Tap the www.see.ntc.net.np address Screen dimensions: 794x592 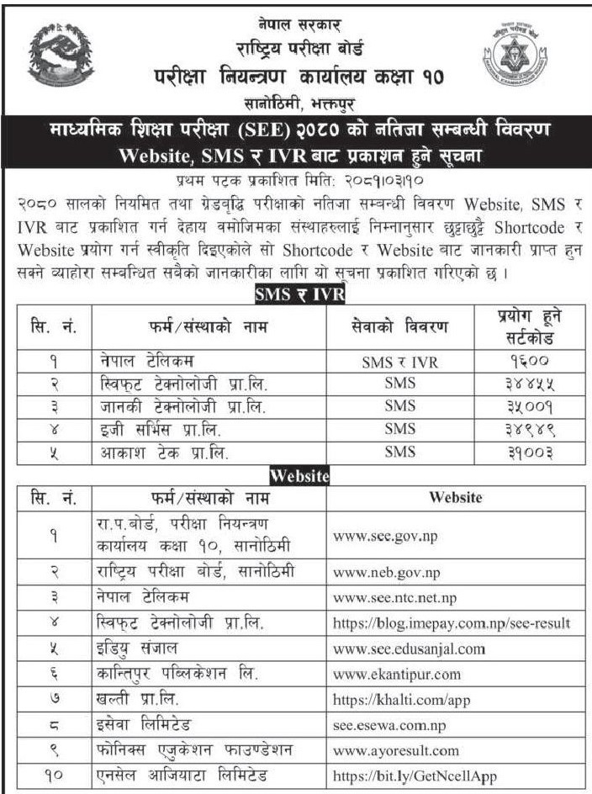[x=396, y=598]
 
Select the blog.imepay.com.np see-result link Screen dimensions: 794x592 [x=452, y=623]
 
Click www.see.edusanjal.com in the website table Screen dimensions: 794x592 [x=410, y=648]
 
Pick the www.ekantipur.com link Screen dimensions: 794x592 [x=397, y=674]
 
